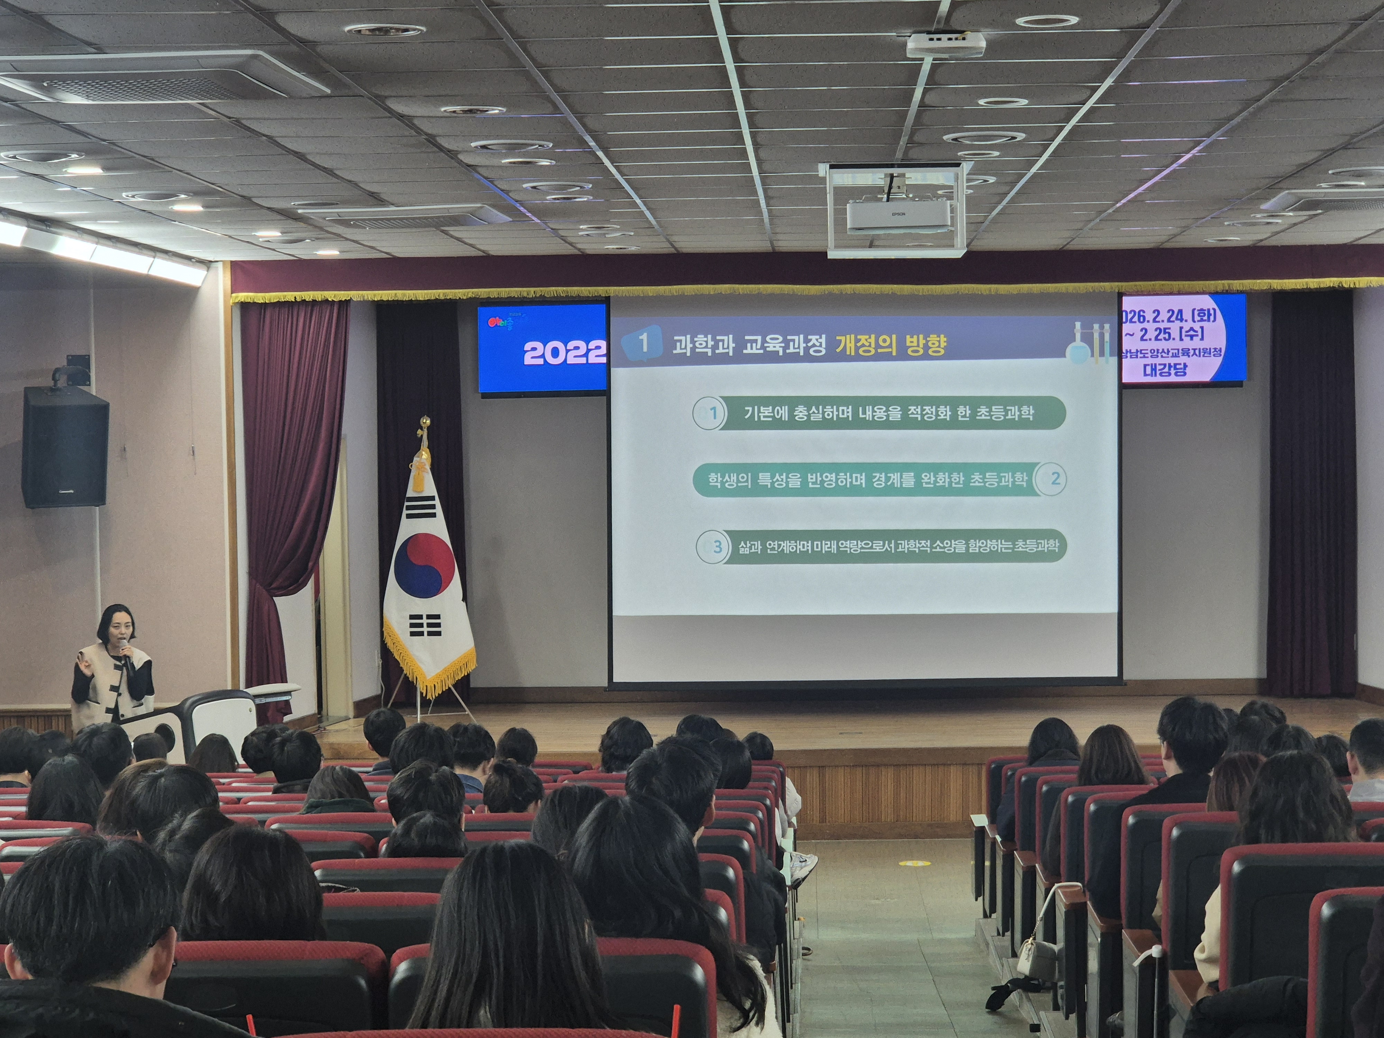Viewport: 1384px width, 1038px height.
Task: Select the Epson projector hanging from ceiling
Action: pos(898,215)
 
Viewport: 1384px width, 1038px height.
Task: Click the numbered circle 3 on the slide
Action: pos(713,547)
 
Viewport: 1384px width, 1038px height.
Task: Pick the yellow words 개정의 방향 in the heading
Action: pos(890,345)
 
